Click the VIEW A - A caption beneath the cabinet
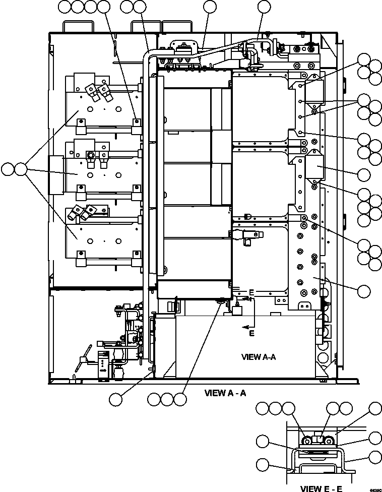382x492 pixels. point(225,393)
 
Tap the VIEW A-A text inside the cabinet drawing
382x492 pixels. point(259,357)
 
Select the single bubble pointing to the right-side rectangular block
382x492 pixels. point(363,174)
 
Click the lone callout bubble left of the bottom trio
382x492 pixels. point(116,399)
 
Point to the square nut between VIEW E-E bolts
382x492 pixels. point(317,440)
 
